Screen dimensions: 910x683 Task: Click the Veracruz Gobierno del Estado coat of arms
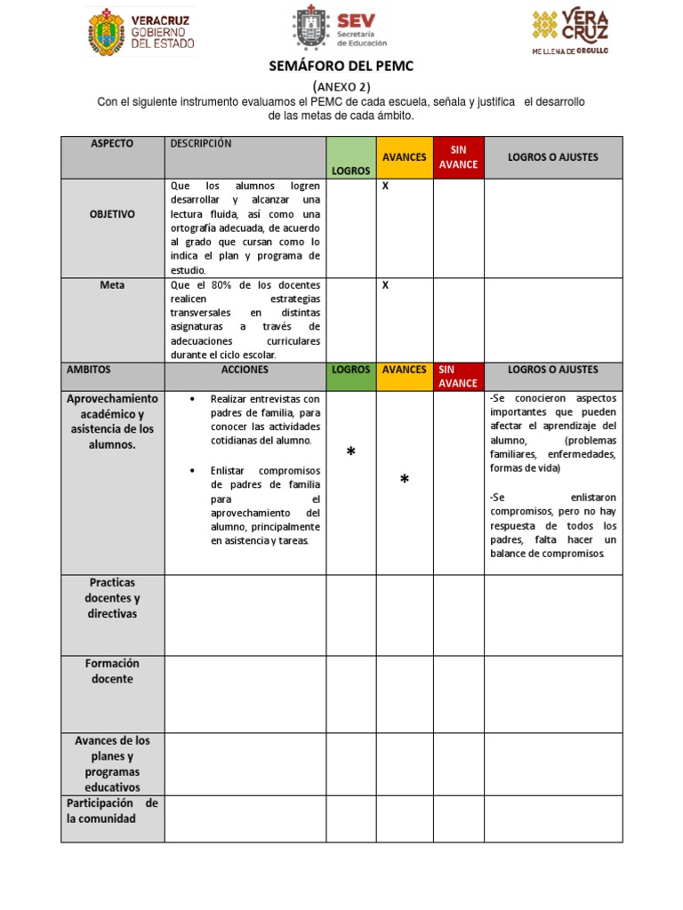tap(106, 33)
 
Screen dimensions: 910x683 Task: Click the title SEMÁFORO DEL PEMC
tap(341, 67)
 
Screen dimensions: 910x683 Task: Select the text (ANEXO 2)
tap(341, 86)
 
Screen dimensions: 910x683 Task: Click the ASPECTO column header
tap(112, 144)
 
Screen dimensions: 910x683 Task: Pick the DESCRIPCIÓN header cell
tap(201, 144)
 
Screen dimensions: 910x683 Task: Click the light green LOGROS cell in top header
tap(351, 158)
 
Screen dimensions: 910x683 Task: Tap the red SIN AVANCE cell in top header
tap(458, 157)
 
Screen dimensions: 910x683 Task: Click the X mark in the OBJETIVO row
tap(385, 187)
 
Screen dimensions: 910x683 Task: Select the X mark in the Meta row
tap(385, 285)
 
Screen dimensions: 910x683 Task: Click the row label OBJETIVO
tap(112, 214)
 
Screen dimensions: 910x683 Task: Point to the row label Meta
tap(112, 285)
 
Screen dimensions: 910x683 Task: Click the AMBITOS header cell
tap(89, 370)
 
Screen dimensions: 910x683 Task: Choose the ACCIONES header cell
tap(245, 370)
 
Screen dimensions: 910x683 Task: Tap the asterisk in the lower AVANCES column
tap(405, 481)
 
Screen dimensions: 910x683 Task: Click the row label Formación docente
tap(112, 671)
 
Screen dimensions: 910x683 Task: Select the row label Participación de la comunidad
tap(112, 810)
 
